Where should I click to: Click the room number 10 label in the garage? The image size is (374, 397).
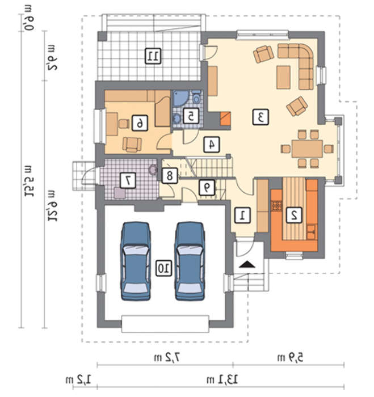[163, 269]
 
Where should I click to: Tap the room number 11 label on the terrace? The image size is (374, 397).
[153, 56]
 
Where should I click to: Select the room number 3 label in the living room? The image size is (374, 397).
[260, 117]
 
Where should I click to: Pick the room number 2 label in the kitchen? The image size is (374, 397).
[294, 215]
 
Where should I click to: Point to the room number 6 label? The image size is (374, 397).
[140, 123]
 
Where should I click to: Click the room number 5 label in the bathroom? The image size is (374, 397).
[191, 116]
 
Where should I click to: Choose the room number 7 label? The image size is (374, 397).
[128, 180]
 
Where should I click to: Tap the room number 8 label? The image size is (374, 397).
[170, 175]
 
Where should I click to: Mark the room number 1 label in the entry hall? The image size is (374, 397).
[243, 215]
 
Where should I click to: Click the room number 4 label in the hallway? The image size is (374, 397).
[212, 144]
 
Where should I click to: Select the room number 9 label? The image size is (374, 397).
[207, 187]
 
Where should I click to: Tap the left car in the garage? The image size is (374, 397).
[136, 261]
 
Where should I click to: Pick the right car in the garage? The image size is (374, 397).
[190, 261]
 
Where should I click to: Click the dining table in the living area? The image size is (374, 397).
[307, 149]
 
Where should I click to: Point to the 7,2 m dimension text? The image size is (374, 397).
[168, 357]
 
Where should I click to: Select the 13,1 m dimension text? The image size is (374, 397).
[222, 379]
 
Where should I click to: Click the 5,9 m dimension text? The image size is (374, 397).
[290, 357]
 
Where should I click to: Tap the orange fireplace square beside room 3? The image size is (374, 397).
[225, 119]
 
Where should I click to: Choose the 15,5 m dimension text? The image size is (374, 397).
[28, 181]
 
